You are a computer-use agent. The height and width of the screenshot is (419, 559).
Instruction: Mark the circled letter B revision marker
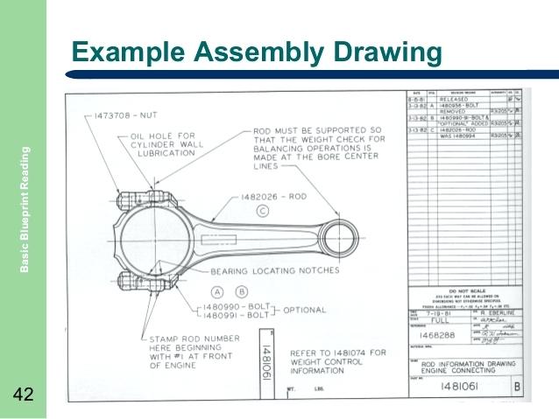(243, 291)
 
